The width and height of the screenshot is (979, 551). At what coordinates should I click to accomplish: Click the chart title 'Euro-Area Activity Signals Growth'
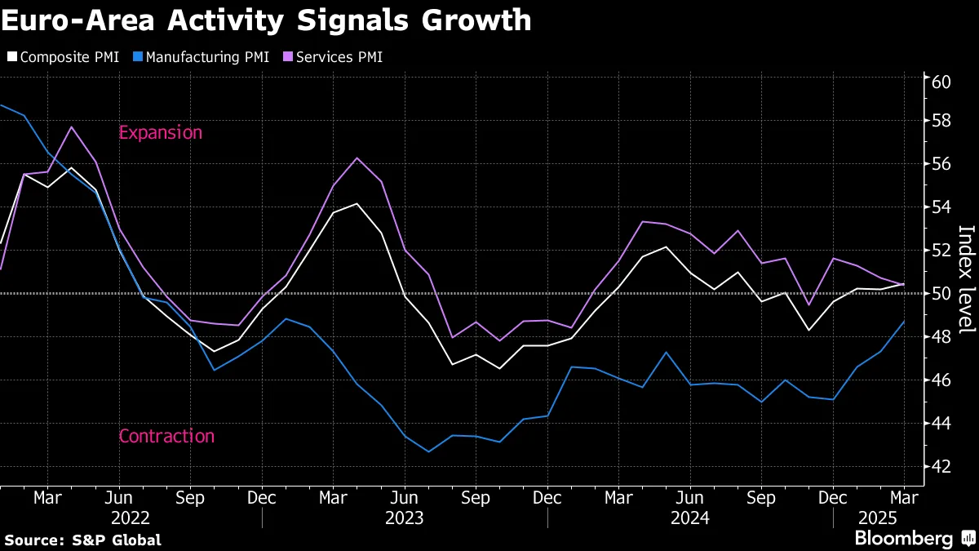266,20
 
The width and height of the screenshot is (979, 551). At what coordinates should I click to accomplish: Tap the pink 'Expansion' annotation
160,132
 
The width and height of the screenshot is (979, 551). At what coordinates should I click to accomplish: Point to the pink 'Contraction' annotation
166,436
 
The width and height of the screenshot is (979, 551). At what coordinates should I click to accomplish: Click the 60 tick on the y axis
941,82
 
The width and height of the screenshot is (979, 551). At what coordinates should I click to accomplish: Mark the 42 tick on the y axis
941,466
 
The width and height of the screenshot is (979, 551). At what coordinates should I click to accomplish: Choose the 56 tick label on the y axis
941,164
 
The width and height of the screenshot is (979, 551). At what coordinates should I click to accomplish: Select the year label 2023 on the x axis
405,518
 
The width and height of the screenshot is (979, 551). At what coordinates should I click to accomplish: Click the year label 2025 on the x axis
877,518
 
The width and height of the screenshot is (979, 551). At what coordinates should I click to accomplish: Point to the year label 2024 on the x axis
690,518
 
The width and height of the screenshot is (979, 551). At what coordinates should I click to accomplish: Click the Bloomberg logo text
903,539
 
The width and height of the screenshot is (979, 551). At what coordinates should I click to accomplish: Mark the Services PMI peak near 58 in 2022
72,127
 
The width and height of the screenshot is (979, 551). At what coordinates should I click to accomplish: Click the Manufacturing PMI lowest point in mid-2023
428,451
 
